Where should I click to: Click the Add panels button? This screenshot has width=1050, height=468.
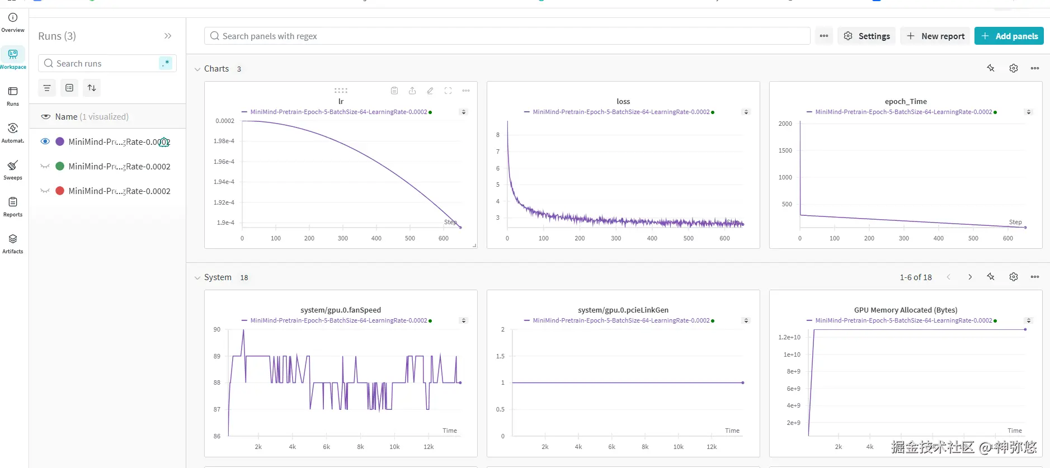point(1009,36)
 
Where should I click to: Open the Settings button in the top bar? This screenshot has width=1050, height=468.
point(866,36)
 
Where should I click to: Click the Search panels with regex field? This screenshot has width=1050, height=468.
point(507,36)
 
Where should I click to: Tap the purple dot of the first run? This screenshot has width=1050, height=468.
point(60,141)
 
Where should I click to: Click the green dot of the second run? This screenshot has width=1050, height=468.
point(60,166)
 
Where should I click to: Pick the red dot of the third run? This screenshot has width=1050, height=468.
point(60,191)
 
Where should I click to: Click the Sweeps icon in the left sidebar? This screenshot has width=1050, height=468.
point(13,169)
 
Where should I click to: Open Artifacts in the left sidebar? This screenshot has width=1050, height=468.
point(13,243)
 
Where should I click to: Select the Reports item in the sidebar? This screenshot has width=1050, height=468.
point(13,206)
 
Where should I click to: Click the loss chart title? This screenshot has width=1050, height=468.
point(623,101)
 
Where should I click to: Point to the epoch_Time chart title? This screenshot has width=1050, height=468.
point(906,101)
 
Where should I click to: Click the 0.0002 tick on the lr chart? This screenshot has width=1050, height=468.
point(225,121)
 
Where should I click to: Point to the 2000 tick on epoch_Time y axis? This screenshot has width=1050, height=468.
point(785,124)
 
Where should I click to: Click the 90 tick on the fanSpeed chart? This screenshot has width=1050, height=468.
point(217,329)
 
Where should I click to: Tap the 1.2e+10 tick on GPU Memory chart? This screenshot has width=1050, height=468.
point(789,337)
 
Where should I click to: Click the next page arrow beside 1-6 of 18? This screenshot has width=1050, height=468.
point(970,277)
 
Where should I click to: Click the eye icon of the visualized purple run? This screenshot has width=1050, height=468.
point(45,141)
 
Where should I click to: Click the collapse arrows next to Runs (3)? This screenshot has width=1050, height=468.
point(168,36)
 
